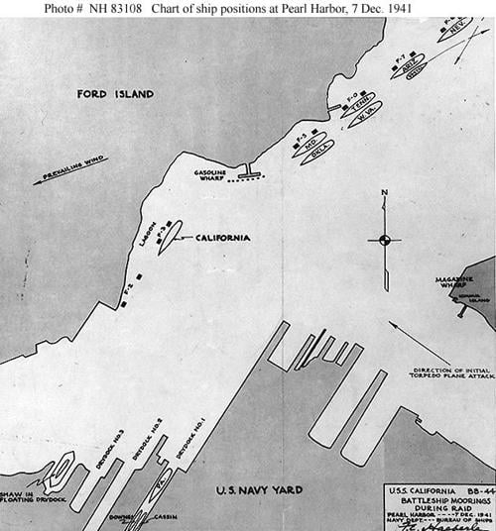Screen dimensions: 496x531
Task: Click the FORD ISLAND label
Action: coord(116,94)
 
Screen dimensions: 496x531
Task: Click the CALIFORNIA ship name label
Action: coord(222,238)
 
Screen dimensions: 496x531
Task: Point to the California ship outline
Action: coord(171,237)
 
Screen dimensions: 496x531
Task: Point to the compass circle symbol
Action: coord(384,239)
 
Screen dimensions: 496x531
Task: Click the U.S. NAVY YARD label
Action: coord(261,489)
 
